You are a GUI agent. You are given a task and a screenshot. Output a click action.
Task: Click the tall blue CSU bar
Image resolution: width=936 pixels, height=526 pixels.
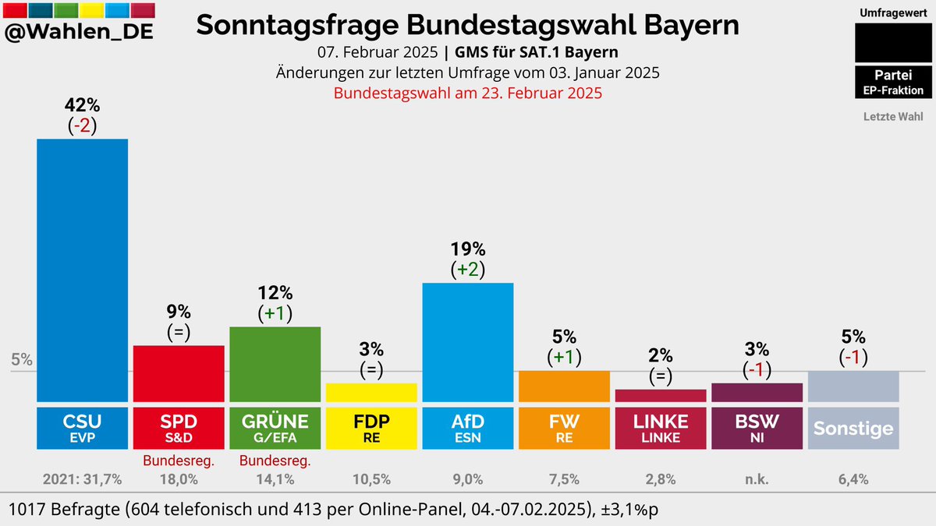click(83, 269)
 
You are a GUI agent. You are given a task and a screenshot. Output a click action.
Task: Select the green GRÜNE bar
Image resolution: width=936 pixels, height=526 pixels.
click(275, 364)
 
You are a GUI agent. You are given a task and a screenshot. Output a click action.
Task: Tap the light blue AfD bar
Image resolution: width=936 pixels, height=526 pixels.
click(467, 341)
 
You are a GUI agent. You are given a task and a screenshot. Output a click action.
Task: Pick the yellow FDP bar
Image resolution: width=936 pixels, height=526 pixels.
click(371, 392)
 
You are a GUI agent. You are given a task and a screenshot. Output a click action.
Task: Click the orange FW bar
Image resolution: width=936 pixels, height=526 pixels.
click(564, 386)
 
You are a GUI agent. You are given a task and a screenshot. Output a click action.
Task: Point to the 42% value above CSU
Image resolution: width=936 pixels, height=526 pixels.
click(82, 105)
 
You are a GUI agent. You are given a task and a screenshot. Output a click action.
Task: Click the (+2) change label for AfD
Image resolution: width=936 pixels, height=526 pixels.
click(467, 270)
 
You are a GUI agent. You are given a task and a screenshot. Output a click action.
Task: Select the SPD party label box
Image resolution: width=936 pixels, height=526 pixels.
click(179, 428)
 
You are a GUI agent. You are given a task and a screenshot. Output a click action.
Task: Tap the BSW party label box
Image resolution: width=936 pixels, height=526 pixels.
click(757, 428)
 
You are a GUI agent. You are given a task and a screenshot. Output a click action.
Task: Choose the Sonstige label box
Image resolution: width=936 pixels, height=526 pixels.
click(853, 428)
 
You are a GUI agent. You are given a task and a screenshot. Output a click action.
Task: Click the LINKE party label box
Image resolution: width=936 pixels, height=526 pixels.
click(661, 428)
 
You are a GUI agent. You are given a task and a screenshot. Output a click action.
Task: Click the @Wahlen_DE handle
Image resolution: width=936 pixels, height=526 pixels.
click(79, 34)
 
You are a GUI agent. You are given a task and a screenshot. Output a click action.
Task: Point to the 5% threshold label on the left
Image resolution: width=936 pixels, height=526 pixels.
click(21, 360)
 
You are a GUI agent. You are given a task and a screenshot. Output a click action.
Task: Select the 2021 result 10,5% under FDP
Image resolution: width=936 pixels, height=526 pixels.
click(371, 479)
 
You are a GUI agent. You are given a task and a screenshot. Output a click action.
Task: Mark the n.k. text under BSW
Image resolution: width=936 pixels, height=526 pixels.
click(757, 479)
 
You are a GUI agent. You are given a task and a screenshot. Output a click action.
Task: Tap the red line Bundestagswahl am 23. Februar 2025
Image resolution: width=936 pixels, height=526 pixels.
click(467, 93)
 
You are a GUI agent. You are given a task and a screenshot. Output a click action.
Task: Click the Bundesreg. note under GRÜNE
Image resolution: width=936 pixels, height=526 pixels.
click(275, 461)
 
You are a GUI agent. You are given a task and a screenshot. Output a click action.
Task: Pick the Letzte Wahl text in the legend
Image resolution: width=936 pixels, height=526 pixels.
click(892, 117)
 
